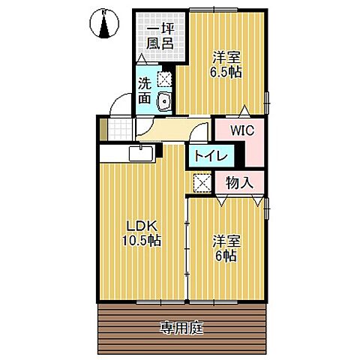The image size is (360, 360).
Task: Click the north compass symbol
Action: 106,24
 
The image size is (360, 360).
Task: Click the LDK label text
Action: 141,226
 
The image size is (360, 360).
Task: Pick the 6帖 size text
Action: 225,256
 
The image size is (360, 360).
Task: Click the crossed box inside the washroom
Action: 165,79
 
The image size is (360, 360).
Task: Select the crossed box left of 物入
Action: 202,181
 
